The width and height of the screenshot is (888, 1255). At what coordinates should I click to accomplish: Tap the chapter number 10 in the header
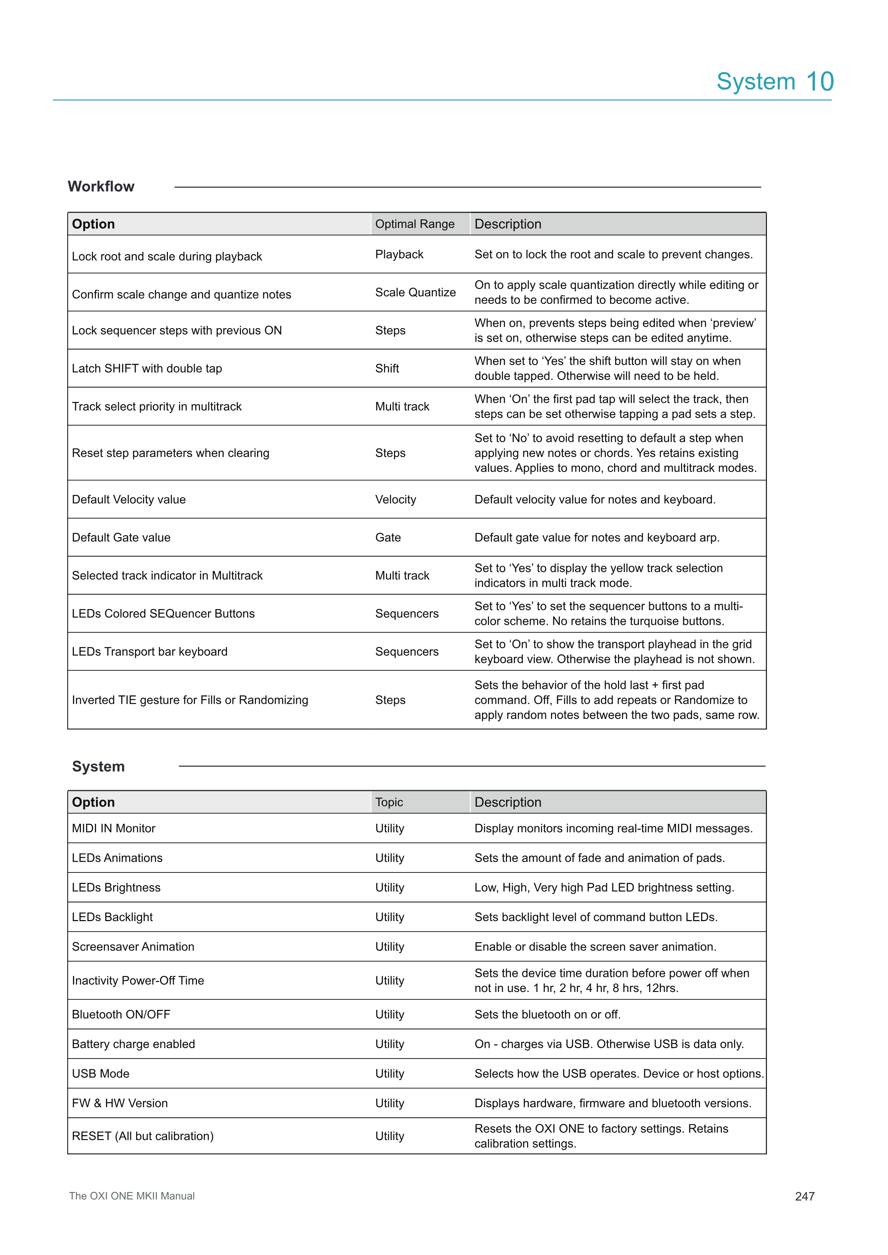820,82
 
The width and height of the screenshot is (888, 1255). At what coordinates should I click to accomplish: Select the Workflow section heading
101,186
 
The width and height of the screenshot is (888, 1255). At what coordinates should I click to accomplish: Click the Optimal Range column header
415,224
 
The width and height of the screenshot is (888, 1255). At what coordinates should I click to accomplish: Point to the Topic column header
389,802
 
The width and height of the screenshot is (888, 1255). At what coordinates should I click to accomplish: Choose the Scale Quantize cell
415,292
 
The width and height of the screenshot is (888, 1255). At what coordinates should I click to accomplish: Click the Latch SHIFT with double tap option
147,368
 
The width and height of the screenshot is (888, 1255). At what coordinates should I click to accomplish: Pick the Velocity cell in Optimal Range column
395,500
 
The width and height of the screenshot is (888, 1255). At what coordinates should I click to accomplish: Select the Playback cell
399,255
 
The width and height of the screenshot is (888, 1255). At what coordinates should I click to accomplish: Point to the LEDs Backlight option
112,917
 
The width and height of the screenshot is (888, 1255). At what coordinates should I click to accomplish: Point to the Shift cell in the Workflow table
387,368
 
